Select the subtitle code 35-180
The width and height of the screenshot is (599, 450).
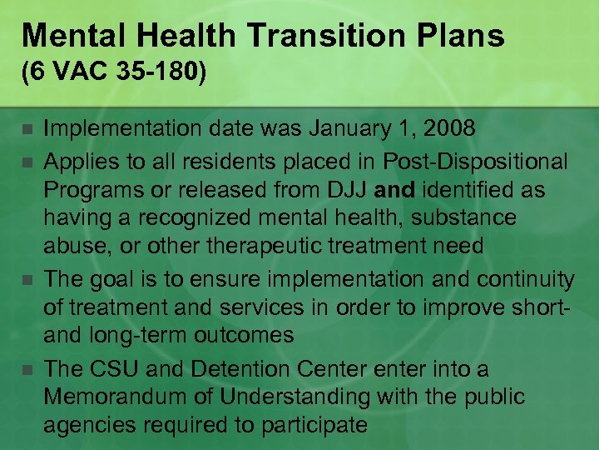[x=162, y=73]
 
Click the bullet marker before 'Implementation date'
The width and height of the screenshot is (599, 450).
[x=27, y=130]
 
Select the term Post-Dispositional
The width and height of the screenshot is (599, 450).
[x=475, y=161]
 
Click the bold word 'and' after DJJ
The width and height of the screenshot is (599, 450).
[x=395, y=190]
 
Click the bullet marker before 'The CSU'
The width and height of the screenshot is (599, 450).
[x=27, y=369]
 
